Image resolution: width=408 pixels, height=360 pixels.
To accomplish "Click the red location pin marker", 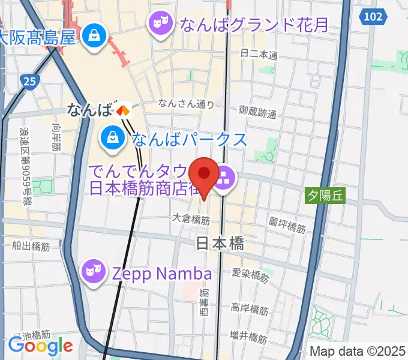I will (x=204, y=175).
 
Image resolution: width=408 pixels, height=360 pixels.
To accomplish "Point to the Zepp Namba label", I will (x=162, y=274).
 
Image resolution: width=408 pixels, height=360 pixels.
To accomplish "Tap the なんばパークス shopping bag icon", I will (x=113, y=139).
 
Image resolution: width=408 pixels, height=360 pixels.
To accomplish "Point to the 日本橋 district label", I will (x=220, y=244).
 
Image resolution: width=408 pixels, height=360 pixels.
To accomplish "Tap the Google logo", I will (x=40, y=346).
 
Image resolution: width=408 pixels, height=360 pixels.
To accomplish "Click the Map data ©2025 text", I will (x=358, y=351).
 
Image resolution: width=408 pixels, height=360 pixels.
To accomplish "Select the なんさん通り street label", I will (x=186, y=104).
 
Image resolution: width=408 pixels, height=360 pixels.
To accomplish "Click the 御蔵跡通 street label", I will (x=257, y=112).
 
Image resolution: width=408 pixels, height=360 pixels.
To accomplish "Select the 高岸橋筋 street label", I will (x=250, y=310).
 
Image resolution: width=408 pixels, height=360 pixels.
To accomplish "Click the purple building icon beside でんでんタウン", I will (x=225, y=176).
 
